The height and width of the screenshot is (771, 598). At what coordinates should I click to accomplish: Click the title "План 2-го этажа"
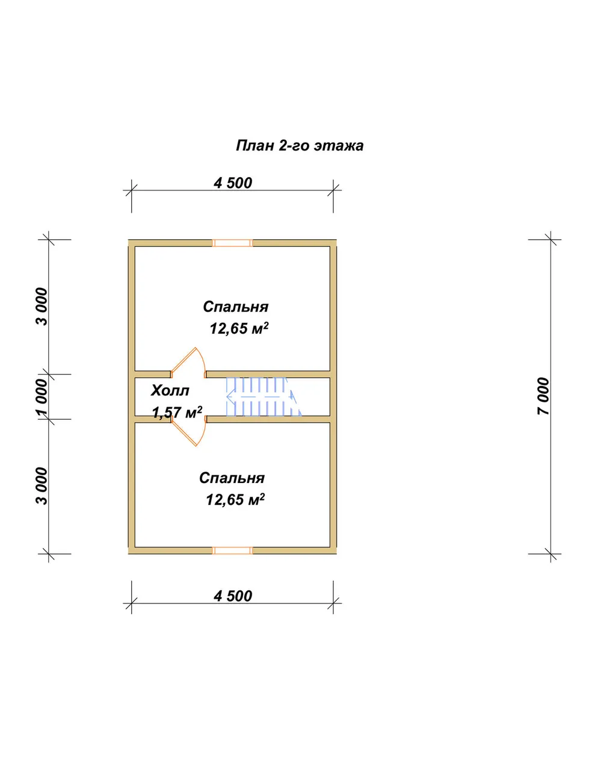[x=300, y=146]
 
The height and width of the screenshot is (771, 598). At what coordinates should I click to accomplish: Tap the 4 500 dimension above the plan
[x=233, y=183]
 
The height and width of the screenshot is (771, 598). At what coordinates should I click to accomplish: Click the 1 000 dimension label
[x=41, y=397]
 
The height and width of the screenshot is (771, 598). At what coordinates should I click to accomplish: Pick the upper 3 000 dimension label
[x=41, y=307]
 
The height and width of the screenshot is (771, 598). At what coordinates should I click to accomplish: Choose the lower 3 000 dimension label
[x=41, y=487]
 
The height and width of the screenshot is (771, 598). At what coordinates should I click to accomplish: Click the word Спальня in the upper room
[x=236, y=307]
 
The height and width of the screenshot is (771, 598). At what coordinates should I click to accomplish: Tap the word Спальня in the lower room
[x=232, y=478]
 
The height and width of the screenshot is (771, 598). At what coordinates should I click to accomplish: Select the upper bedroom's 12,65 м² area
[x=239, y=328]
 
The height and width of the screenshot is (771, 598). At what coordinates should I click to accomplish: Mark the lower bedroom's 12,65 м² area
[x=235, y=499]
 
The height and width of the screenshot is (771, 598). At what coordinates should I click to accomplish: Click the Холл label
[x=170, y=391]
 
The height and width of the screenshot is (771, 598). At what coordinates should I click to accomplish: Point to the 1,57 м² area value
[x=177, y=412]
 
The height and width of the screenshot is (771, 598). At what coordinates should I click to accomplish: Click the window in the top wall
[x=232, y=243]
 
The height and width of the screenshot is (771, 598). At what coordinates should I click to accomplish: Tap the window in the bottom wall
[x=232, y=551]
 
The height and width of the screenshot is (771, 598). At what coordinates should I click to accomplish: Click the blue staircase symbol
[x=264, y=396]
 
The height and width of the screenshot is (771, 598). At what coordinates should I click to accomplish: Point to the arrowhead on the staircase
[x=229, y=396]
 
